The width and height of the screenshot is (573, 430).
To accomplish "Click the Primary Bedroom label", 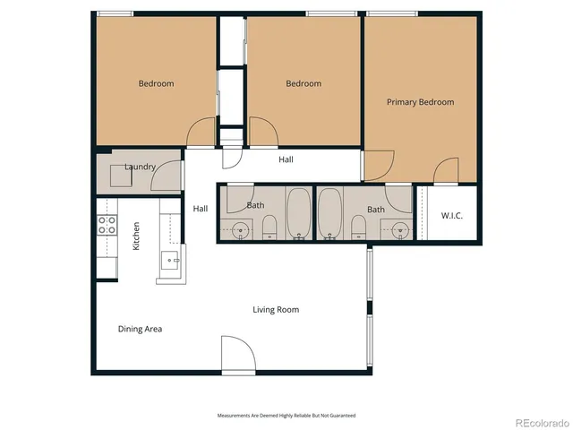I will point(420,102).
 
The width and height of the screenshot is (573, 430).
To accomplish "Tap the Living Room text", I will point(275,310).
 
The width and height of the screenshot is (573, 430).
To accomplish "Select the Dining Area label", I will point(140,329).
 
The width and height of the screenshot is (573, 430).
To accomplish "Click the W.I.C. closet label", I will point(451,216).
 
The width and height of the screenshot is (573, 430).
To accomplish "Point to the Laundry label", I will point(141,167).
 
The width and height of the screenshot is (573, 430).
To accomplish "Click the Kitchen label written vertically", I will point(136,236).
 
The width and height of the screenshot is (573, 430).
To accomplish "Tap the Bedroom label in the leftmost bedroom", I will point(156,83).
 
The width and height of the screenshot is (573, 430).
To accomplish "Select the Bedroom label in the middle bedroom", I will point(304,83).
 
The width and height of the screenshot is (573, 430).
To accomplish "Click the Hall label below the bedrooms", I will point(286,159).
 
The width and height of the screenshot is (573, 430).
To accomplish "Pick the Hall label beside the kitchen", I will point(201,209).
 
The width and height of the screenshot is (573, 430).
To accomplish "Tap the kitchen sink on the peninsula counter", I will point(171,262).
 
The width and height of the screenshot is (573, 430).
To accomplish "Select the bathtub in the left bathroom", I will point(298,214).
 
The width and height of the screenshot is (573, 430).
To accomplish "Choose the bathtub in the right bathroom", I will point(329,214).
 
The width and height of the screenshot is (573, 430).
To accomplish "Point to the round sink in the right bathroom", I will point(399,229).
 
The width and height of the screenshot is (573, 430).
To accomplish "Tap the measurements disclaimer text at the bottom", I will point(286,416).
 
